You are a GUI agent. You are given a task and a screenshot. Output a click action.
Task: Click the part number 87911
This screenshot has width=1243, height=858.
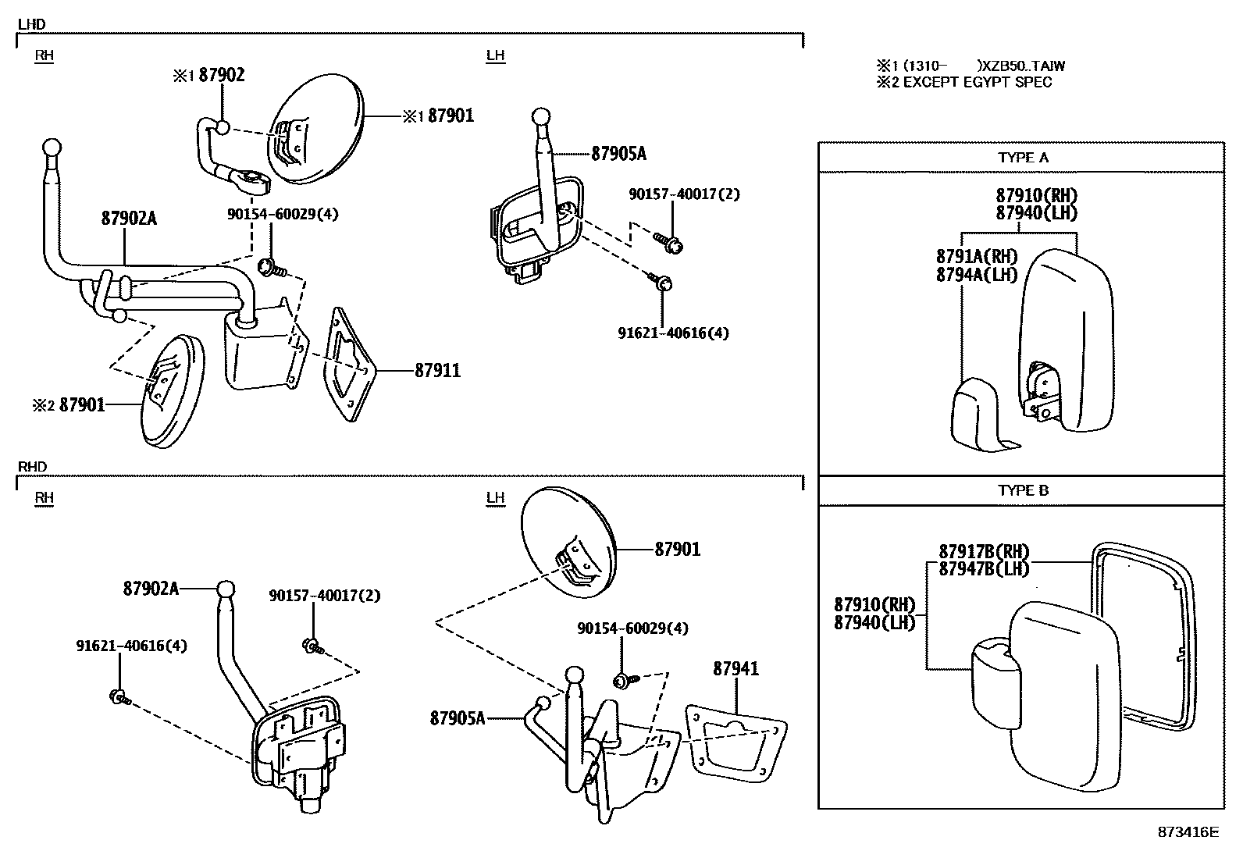pyautogui.click(x=437, y=371)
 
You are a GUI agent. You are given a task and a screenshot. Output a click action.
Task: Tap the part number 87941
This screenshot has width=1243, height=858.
pyautogui.click(x=735, y=669)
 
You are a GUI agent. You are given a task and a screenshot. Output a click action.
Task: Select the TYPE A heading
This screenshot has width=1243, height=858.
pyautogui.click(x=1023, y=158)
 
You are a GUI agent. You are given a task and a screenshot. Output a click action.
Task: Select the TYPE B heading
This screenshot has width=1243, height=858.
pyautogui.click(x=1023, y=491)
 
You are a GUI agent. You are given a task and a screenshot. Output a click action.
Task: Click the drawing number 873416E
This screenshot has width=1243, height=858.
pyautogui.click(x=1188, y=832)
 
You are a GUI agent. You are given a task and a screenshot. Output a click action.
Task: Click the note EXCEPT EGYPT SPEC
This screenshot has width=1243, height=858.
pyautogui.click(x=976, y=82)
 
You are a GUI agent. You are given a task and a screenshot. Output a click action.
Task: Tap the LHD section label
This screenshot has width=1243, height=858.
pyautogui.click(x=31, y=24)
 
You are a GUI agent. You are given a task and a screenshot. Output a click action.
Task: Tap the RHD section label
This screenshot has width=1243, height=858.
pyautogui.click(x=32, y=467)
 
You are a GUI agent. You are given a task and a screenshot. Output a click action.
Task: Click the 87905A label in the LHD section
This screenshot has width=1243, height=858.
pyautogui.click(x=618, y=154)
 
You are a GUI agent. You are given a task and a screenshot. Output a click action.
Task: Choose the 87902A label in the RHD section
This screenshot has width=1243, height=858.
pyautogui.click(x=151, y=589)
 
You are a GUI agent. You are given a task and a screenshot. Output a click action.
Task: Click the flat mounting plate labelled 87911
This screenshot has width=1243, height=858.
pyautogui.click(x=348, y=365)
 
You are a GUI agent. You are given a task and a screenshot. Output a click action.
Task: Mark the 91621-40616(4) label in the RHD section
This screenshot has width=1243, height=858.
pyautogui.click(x=131, y=646)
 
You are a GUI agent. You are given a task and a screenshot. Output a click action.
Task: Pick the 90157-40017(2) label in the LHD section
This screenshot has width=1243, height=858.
pyautogui.click(x=684, y=194)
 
